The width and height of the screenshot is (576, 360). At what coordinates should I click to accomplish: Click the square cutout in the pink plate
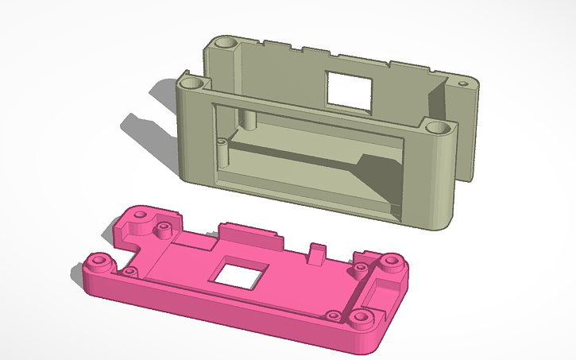point(238,274)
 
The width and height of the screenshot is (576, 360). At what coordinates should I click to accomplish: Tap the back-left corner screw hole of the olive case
point(223,41)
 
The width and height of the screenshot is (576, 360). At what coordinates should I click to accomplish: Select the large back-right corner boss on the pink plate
point(389,261)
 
